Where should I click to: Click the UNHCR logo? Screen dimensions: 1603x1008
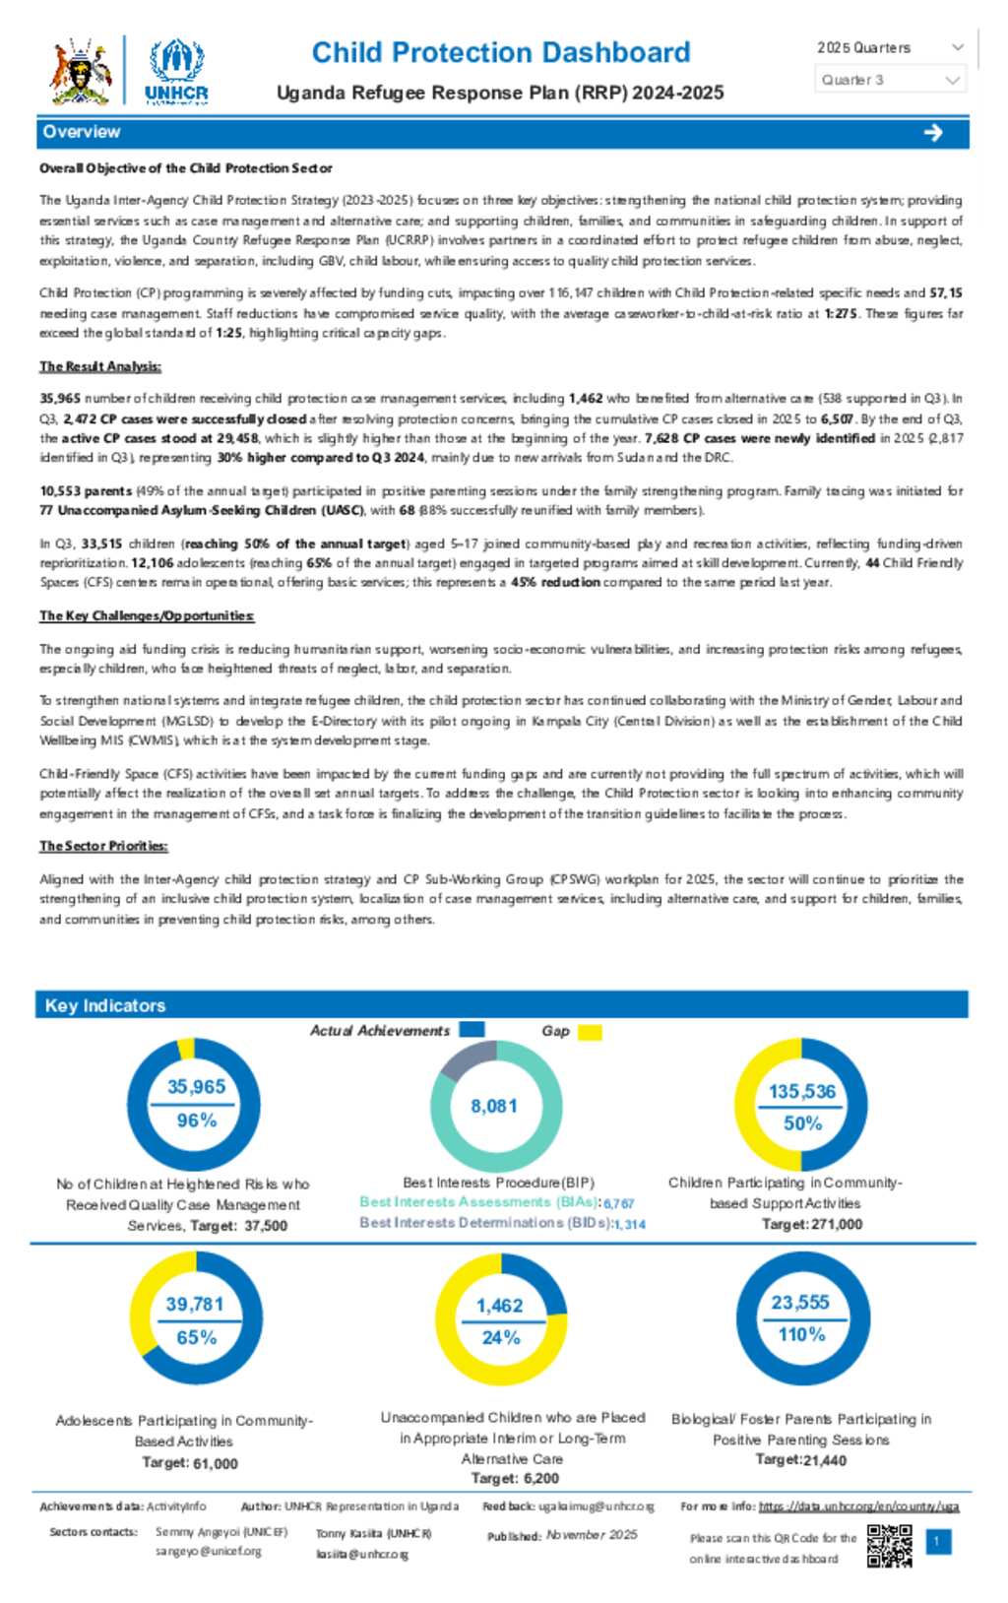pyautogui.click(x=176, y=71)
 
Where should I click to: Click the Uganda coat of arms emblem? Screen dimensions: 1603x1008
pyautogui.click(x=82, y=72)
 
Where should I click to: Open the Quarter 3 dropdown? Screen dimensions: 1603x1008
pyautogui.click(x=890, y=80)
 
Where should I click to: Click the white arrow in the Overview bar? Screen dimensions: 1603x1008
pyautogui.click(x=933, y=133)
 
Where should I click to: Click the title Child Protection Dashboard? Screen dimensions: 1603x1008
pyautogui.click(x=500, y=52)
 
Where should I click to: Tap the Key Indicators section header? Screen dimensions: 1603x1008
pyautogui.click(x=105, y=1005)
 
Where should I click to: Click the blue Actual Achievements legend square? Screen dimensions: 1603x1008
pyautogui.click(x=472, y=1029)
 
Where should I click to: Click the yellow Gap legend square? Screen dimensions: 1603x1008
pyautogui.click(x=590, y=1032)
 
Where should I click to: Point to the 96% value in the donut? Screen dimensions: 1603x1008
pyautogui.click(x=196, y=1121)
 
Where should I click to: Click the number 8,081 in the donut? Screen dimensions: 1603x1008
pyautogui.click(x=493, y=1106)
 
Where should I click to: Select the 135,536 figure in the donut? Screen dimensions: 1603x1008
pyautogui.click(x=801, y=1091)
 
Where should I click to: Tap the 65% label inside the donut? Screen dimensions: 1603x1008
pyautogui.click(x=196, y=1337)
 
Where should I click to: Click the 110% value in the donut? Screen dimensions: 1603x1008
pyautogui.click(x=801, y=1334)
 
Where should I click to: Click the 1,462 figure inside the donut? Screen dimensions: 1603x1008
pyautogui.click(x=499, y=1306)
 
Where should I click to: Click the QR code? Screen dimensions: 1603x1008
pyautogui.click(x=889, y=1546)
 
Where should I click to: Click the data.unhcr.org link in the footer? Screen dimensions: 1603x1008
pyautogui.click(x=858, y=1507)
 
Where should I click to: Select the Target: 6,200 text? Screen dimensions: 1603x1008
pyautogui.click(x=515, y=1478)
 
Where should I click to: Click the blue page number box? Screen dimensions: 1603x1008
pyautogui.click(x=939, y=1541)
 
